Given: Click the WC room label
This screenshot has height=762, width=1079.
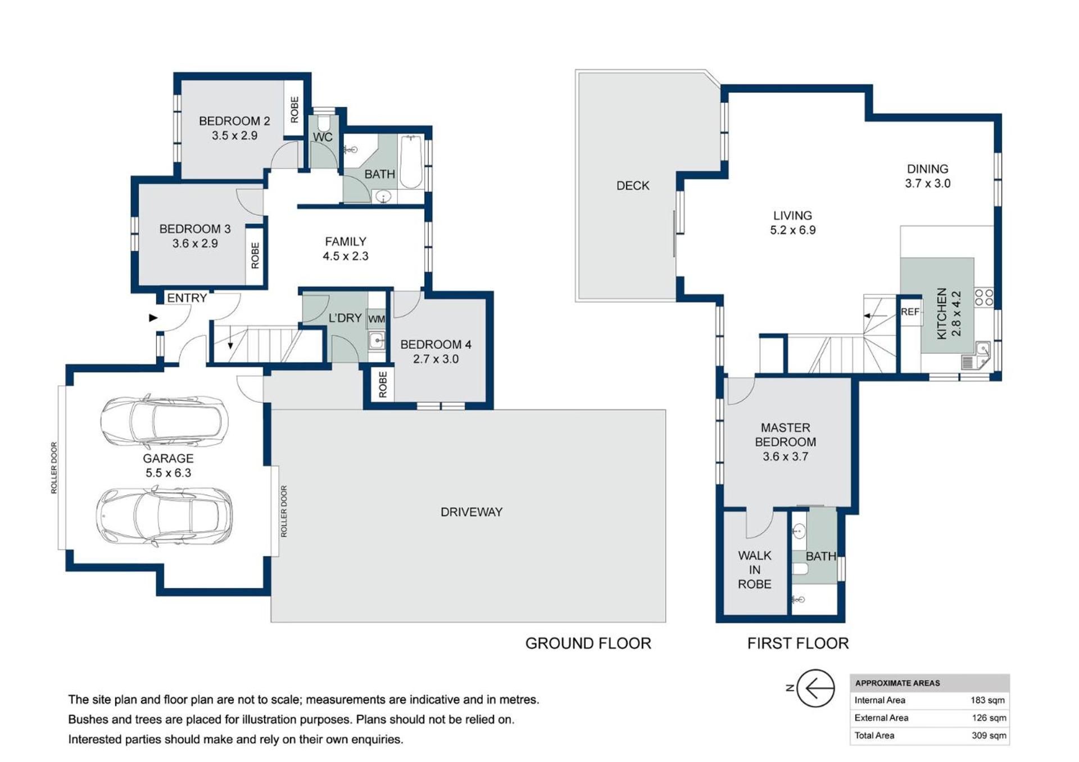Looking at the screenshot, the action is [x=323, y=137].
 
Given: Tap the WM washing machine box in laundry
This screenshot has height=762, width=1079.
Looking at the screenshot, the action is [x=377, y=319].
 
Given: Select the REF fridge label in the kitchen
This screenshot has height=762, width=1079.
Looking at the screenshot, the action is [x=910, y=312].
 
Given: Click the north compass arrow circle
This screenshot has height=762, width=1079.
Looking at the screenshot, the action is [x=815, y=688].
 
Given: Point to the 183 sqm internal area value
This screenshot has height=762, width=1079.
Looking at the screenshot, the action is [x=987, y=700].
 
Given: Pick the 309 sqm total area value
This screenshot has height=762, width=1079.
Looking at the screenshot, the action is [x=989, y=736].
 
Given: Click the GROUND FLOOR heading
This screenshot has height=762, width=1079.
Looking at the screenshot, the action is [x=588, y=644].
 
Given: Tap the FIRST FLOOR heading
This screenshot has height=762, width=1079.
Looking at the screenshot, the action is [x=797, y=644].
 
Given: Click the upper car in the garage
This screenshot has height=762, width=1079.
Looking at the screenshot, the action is [x=164, y=421].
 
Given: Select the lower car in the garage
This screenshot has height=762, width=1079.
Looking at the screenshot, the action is [x=164, y=516].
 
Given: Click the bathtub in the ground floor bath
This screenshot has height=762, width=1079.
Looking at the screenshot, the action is [x=411, y=162].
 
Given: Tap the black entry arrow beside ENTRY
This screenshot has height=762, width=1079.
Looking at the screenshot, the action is [x=153, y=318].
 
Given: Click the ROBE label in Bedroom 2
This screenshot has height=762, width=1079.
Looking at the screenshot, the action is [x=294, y=109].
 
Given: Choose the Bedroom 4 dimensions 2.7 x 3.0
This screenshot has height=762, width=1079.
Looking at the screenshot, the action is [x=436, y=359].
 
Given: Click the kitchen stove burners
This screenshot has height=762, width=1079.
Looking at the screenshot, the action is [x=984, y=298].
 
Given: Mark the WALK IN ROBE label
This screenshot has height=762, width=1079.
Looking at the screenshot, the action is [x=754, y=570].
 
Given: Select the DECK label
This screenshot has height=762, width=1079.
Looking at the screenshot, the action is [x=633, y=186].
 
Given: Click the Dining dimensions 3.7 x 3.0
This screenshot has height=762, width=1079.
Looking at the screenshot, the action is [x=927, y=184].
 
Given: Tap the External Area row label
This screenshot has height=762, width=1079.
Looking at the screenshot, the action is [x=881, y=718].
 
